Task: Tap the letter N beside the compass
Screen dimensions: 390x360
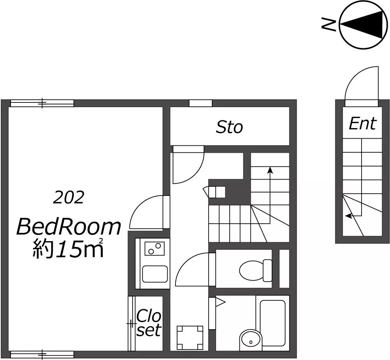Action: (329, 24)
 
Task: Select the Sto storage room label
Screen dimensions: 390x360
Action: (229, 127)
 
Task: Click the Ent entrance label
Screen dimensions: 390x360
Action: (362, 124)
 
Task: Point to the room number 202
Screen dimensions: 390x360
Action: (69, 198)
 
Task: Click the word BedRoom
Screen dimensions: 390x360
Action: (69, 227)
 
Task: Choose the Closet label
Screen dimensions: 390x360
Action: (149, 323)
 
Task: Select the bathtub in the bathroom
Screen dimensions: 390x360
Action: (272, 323)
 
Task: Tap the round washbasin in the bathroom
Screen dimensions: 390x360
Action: (250, 340)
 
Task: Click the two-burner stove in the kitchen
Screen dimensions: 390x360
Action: (154, 249)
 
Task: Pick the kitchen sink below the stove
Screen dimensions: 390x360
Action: (155, 274)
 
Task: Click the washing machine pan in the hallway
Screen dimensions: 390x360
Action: (190, 338)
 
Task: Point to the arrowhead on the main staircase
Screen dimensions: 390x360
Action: (270, 170)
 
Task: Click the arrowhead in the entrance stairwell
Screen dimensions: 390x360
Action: (349, 216)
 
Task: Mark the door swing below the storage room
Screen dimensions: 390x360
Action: (195, 173)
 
